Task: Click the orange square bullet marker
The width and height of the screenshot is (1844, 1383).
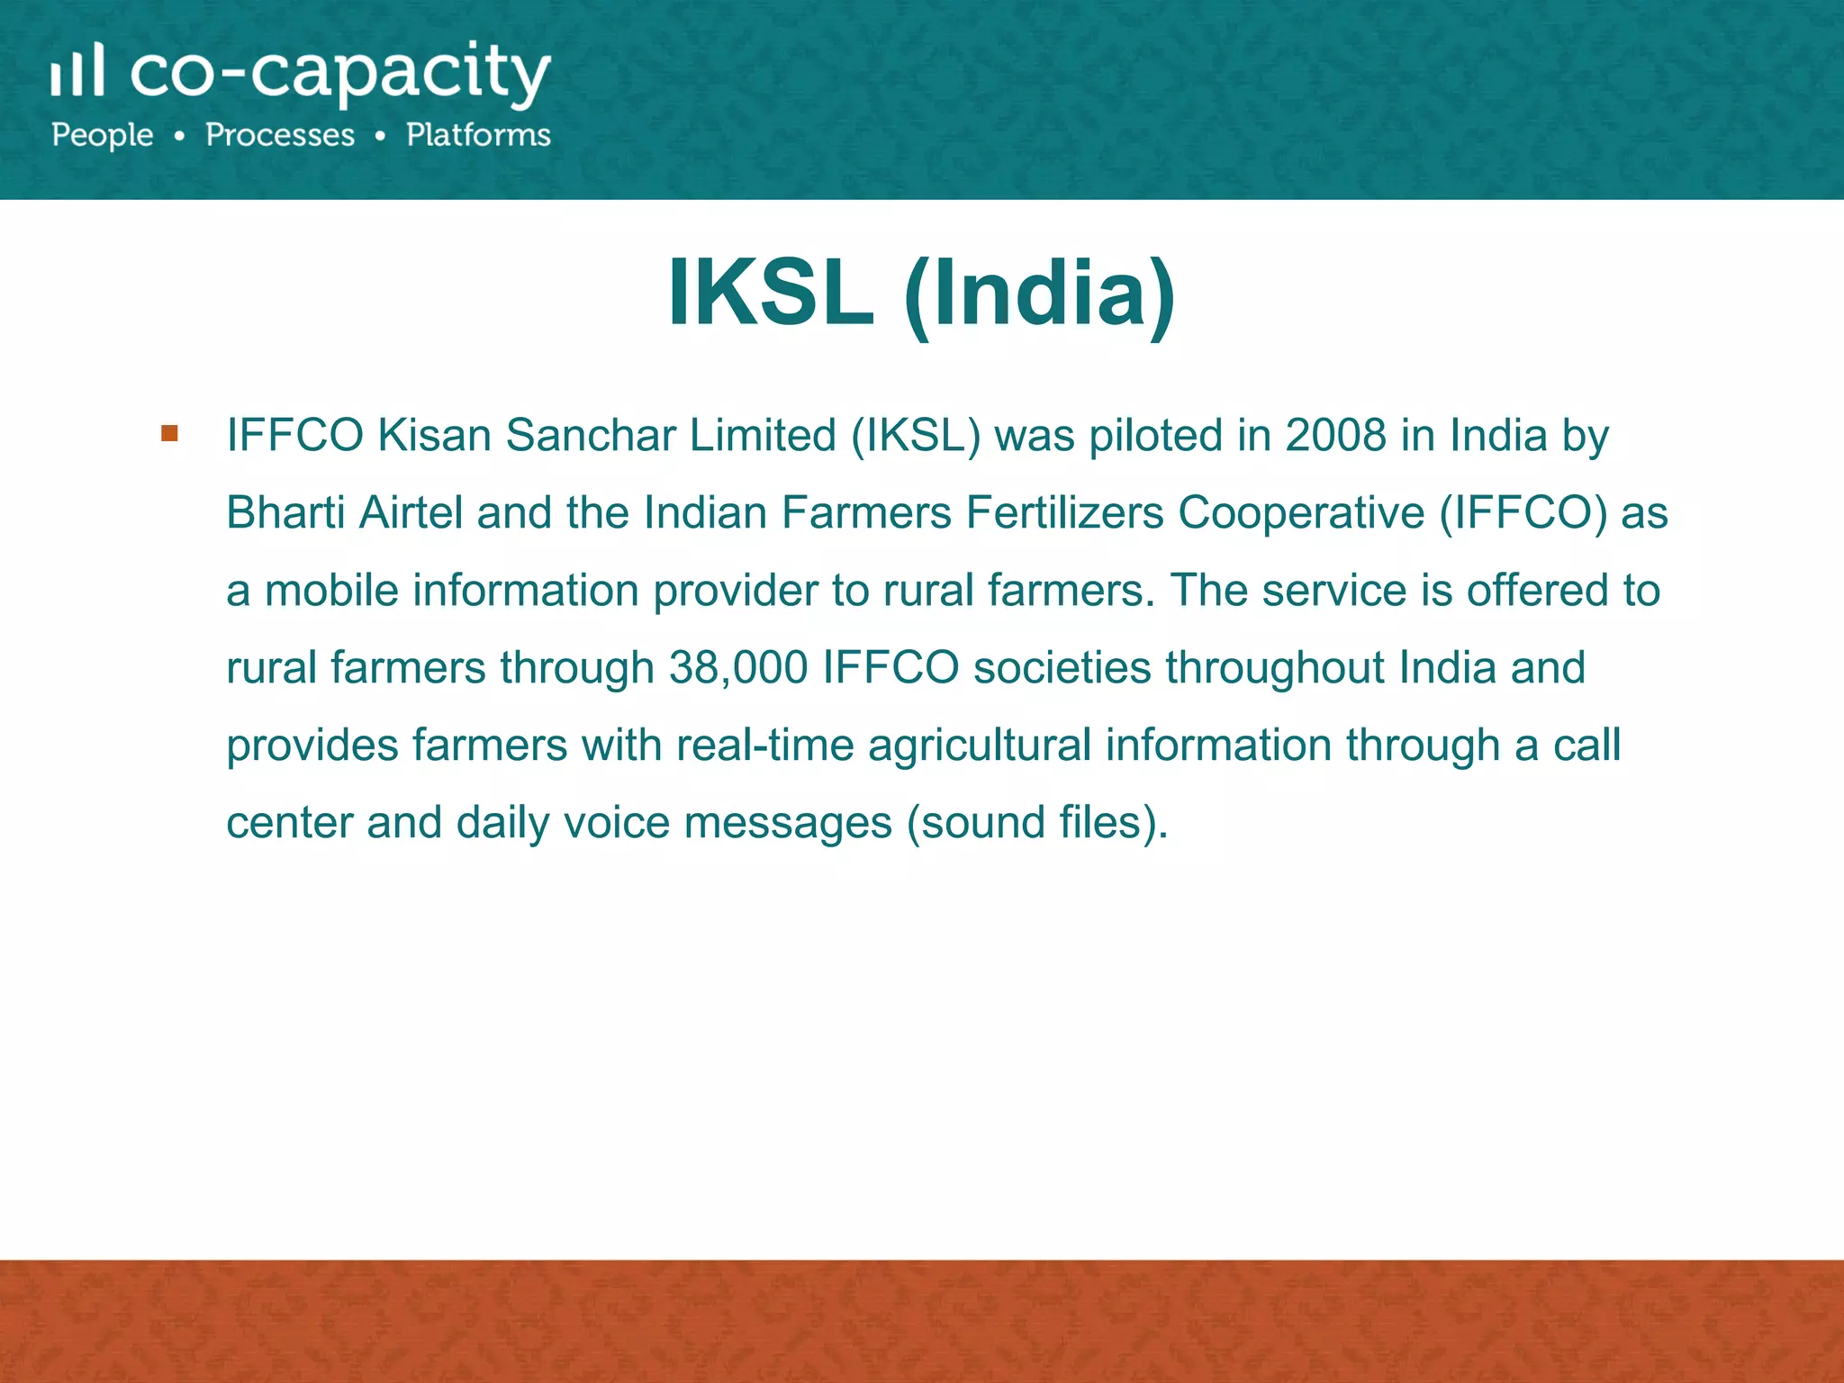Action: [x=169, y=434]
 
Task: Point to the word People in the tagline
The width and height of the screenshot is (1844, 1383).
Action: [x=103, y=135]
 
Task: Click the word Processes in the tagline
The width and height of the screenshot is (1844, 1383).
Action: [x=280, y=135]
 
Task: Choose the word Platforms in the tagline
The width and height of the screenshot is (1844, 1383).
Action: [x=478, y=135]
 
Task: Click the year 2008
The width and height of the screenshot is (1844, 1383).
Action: [x=1335, y=436]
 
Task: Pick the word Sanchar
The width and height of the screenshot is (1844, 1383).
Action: [x=590, y=436]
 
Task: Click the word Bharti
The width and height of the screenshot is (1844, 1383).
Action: [x=285, y=513]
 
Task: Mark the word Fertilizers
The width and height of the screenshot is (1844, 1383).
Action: [x=1064, y=513]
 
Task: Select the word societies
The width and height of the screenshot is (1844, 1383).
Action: [x=1062, y=668]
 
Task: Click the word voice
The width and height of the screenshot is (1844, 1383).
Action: [x=617, y=823]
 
